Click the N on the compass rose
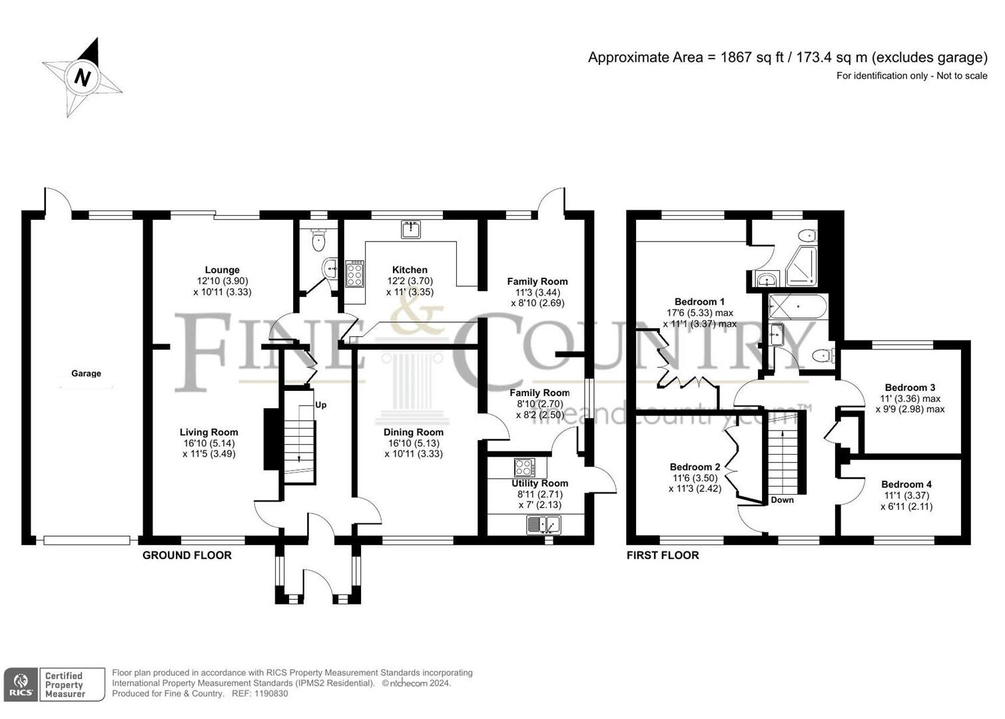coord(82,77)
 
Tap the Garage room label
coord(86,373)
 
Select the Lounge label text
coord(222,270)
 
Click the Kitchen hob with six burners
coord(354,273)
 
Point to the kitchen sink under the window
coord(411,229)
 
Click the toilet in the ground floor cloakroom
coord(318,240)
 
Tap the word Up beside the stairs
coord(321,405)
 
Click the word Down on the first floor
coord(783,500)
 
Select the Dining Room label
coord(413,432)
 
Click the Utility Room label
coord(539,483)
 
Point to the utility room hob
coord(525,467)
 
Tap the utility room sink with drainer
coord(543,525)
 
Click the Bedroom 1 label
coord(699,302)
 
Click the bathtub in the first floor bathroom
coord(798,308)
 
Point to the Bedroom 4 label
coord(906,484)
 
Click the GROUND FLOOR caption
coord(187,555)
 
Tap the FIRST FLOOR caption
coord(663,555)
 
